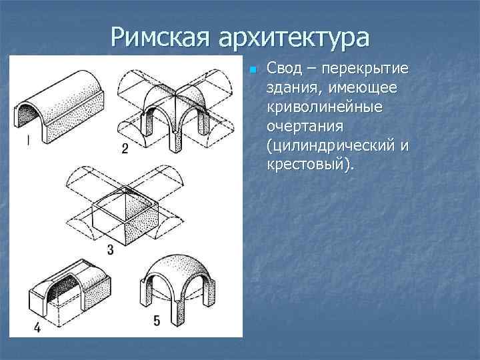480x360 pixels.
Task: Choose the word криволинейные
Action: [x=324, y=107]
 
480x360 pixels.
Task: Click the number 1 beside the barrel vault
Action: [x=27, y=141]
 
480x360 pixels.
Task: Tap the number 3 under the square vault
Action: [x=110, y=250]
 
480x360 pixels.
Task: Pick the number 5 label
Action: [x=157, y=321]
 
